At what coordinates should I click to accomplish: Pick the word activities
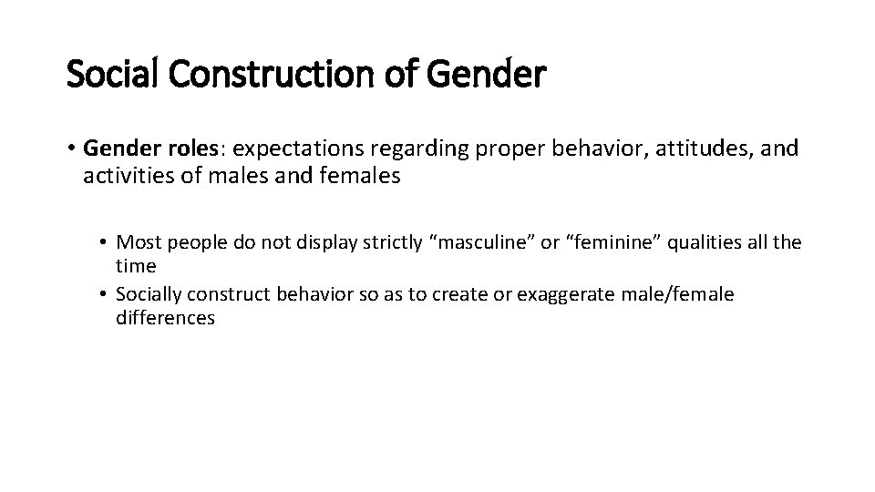122,177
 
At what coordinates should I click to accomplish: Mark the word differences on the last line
166,319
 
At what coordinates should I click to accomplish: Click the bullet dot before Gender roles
71,149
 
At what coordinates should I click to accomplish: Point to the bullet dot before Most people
105,243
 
